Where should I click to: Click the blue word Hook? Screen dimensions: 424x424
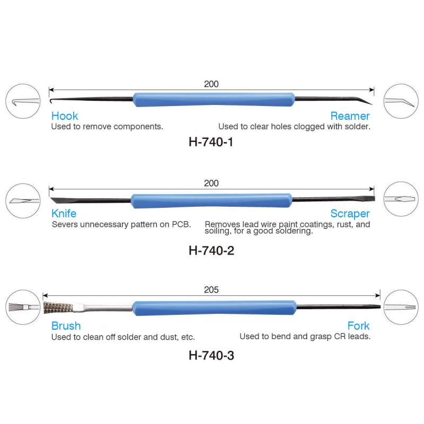[65, 116]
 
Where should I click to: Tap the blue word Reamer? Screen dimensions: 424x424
[350, 116]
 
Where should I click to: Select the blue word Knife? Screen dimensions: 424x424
[64, 214]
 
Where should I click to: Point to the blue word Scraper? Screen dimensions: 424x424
[350, 214]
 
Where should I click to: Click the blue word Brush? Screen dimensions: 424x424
[66, 326]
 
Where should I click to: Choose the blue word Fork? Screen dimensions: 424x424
[358, 326]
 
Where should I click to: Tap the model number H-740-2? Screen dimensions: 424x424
[211, 251]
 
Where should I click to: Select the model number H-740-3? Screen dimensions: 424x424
[211, 356]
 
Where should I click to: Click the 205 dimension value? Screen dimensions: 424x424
[211, 290]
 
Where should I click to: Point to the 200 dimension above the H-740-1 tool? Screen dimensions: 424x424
[211, 84]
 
